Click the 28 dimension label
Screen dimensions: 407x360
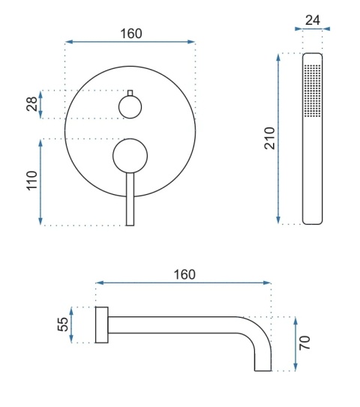click(x=31, y=104)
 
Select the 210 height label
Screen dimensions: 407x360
click(x=269, y=139)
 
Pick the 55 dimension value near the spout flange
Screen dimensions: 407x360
click(x=63, y=325)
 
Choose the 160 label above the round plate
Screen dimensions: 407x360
click(x=130, y=34)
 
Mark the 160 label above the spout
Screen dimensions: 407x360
click(x=183, y=274)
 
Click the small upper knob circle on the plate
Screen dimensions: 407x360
click(x=130, y=108)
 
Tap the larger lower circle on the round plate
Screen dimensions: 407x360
click(x=130, y=156)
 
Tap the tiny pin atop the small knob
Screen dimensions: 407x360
click(x=130, y=93)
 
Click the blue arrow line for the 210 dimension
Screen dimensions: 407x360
click(x=280, y=139)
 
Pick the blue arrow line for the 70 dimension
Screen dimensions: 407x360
click(x=295, y=343)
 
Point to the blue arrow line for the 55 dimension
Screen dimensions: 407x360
click(x=73, y=325)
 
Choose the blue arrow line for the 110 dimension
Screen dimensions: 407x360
click(x=41, y=182)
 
